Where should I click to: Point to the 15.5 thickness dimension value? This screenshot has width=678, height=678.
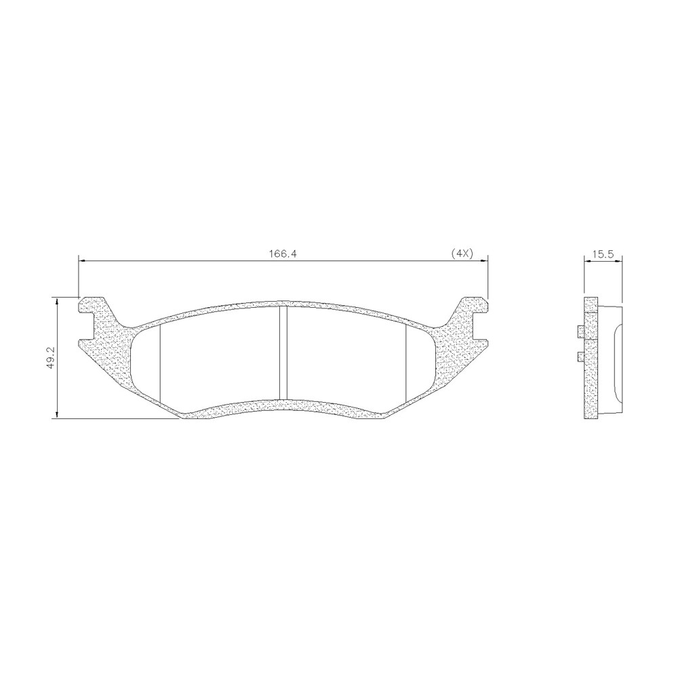(603, 254)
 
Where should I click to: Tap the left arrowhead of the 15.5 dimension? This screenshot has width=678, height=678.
(587, 260)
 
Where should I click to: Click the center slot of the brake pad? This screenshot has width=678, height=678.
(283, 353)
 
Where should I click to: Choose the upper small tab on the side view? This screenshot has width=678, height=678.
(580, 332)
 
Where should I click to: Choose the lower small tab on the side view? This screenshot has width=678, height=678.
(580, 357)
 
